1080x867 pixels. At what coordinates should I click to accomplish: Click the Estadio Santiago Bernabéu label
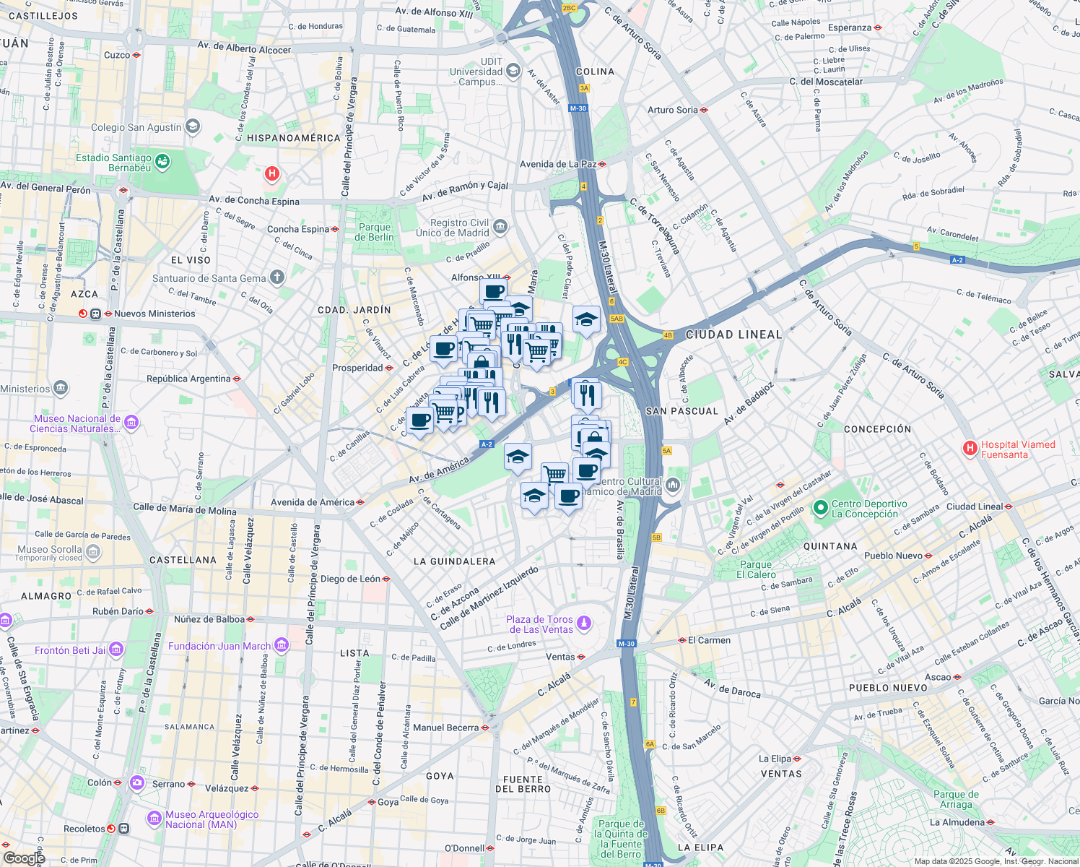point(114,163)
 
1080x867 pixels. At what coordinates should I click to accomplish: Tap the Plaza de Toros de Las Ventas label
point(539,624)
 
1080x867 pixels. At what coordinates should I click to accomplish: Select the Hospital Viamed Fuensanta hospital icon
point(970,449)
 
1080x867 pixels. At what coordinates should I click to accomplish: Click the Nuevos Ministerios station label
point(154,314)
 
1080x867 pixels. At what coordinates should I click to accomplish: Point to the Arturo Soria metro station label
point(673,110)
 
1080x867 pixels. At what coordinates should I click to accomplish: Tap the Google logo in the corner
point(24,858)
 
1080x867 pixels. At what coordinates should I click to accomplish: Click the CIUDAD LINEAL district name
point(733,335)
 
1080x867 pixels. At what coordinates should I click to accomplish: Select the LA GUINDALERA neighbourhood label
point(454,561)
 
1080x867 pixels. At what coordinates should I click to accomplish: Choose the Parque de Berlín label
point(375,232)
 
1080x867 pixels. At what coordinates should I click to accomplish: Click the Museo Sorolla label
point(49,550)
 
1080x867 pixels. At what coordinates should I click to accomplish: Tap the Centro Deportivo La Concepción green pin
point(820,508)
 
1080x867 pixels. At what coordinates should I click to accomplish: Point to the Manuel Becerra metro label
point(445,728)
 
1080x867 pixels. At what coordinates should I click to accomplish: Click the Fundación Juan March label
point(219,646)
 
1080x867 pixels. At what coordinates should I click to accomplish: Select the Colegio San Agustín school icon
point(192,127)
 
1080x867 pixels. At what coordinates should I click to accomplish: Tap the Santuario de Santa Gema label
point(209,278)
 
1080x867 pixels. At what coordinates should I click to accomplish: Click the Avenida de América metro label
point(313,502)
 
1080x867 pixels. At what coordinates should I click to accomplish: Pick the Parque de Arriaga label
point(956,799)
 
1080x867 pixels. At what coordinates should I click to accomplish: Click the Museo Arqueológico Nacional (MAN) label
point(212,819)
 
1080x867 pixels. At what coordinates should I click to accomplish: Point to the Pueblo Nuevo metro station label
point(893,556)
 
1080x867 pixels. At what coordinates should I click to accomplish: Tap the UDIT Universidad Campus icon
point(513,70)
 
